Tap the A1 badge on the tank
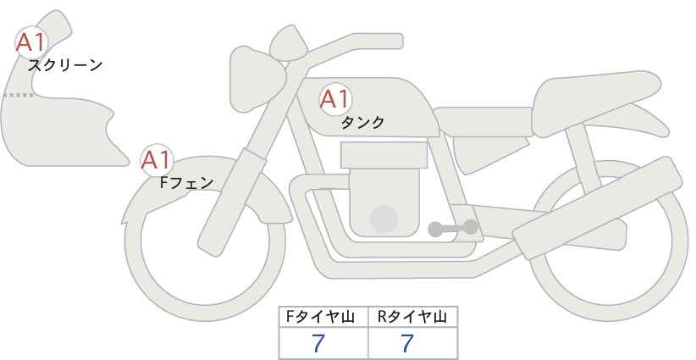pos(334,99)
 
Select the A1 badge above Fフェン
pos(156,159)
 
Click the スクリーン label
pos(65,64)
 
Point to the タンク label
pos(362,122)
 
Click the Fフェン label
pos(186,181)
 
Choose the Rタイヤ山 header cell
pos(412,317)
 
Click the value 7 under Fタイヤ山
pos(318,343)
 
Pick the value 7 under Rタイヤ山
pos(407,343)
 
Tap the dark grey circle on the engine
pos(384,219)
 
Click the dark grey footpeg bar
pos(452,227)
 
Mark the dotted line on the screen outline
pos(18,95)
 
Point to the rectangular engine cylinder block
pos(384,155)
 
